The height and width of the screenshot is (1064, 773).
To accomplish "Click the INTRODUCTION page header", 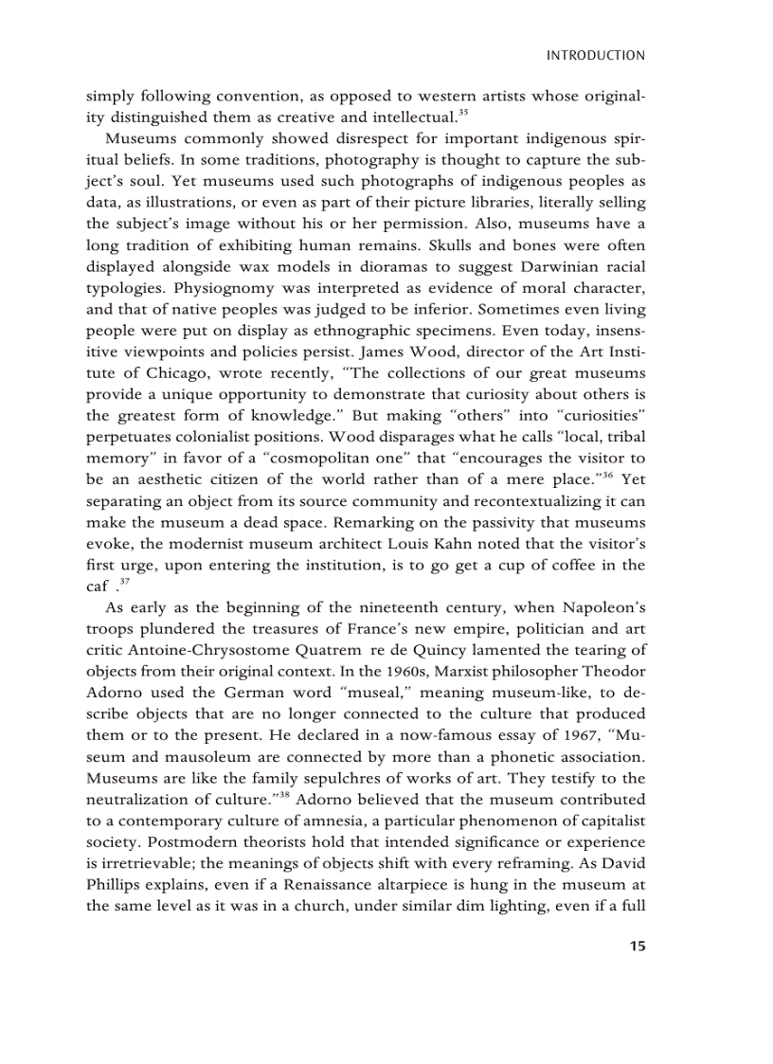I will tap(596, 56).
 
